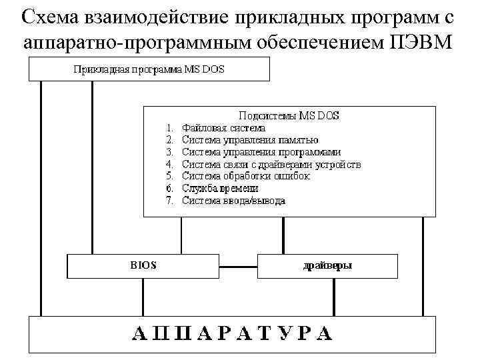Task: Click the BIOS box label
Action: point(143,265)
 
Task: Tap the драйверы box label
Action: point(327,265)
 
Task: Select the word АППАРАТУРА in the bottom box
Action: point(231,333)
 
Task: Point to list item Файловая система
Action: point(223,127)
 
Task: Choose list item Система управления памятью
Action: point(250,140)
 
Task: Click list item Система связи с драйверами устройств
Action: point(271,164)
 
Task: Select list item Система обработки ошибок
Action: point(246,176)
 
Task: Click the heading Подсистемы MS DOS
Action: point(289,115)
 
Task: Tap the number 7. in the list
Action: point(169,201)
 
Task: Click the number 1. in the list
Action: point(169,127)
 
